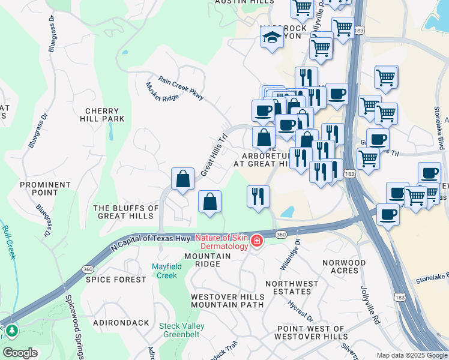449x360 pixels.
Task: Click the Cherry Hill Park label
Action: click(105, 115)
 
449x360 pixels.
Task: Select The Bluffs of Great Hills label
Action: click(126, 212)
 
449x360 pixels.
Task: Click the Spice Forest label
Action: click(116, 280)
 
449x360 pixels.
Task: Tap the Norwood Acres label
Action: click(344, 267)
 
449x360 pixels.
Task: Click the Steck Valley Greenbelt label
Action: click(182, 331)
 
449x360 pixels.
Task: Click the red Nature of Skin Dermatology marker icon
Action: click(256, 241)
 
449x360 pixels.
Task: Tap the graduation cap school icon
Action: click(272, 39)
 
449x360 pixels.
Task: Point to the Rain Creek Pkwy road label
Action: click(181, 85)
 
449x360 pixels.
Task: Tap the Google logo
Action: click(20, 353)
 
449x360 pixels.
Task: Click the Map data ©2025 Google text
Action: click(411, 355)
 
